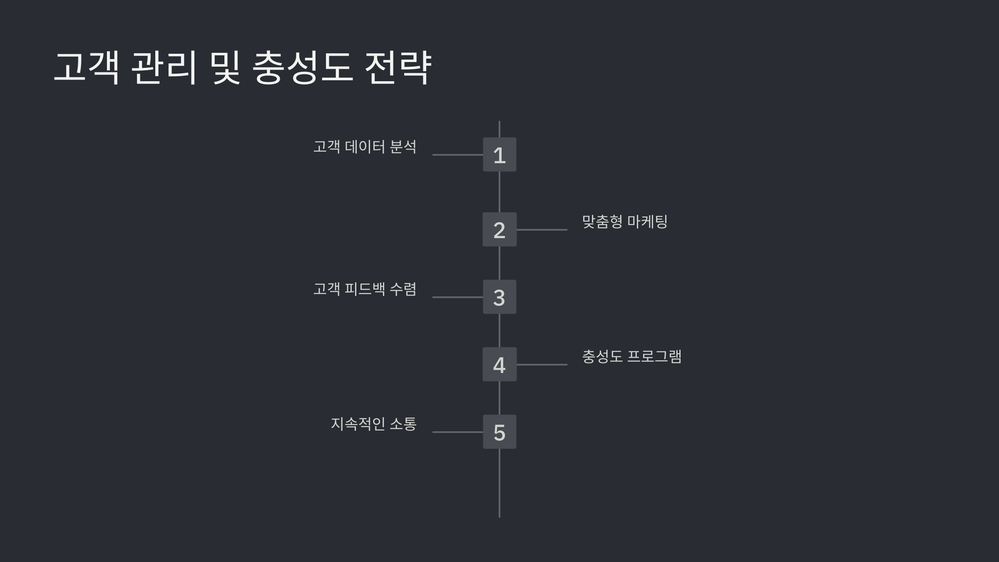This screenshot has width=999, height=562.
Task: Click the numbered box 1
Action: point(499,154)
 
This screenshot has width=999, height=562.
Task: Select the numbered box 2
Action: point(499,229)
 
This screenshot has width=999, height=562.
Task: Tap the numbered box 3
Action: point(499,297)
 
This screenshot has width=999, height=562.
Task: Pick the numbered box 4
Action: point(499,364)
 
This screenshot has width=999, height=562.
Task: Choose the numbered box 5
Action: point(499,432)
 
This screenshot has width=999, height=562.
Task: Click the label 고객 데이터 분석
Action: point(365,147)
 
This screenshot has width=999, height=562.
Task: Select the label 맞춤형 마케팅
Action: point(624,221)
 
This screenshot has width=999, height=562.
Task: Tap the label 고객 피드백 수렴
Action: point(365,289)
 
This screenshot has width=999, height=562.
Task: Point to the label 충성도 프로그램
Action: point(631,356)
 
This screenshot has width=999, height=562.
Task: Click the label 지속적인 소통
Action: point(373,424)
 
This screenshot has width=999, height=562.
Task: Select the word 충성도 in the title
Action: point(303,68)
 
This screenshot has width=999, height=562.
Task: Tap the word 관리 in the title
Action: point(164,68)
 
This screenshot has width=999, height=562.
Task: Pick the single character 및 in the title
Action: point(225,68)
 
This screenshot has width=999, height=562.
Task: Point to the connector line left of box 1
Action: point(457,155)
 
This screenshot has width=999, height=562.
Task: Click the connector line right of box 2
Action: point(542,230)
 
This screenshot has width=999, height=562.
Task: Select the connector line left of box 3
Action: point(457,297)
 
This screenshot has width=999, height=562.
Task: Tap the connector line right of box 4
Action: point(542,365)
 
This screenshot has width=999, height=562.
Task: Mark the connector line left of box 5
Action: point(457,432)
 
